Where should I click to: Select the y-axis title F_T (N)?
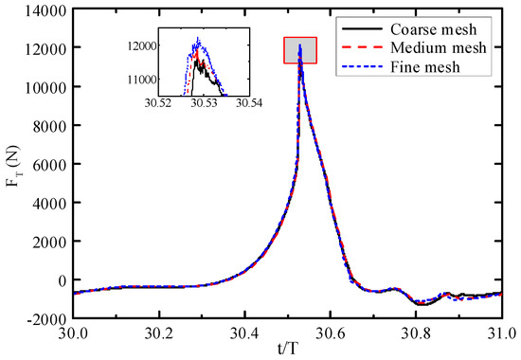pos(13,165)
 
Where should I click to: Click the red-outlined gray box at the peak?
pos(300,50)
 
